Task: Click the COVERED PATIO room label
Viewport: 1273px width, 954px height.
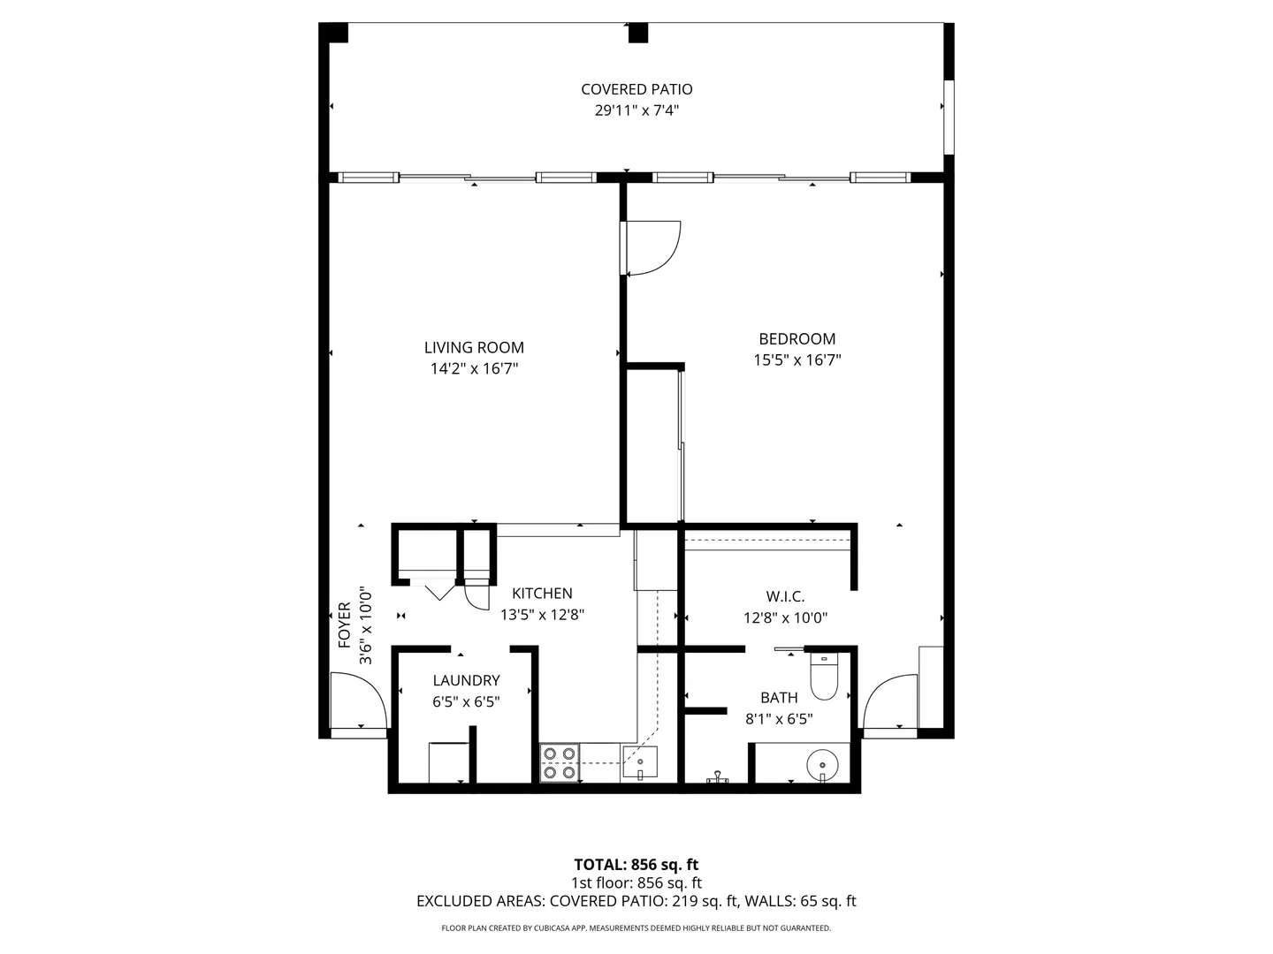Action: (x=636, y=89)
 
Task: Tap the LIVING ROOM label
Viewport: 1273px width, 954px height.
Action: (x=474, y=347)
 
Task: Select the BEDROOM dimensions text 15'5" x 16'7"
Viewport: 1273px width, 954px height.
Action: (x=797, y=360)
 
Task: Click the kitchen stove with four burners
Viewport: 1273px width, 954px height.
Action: (x=559, y=763)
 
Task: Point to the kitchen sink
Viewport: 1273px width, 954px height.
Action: (x=640, y=761)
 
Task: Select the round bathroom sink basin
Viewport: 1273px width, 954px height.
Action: (x=822, y=765)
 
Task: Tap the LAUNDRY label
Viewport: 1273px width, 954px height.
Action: (x=466, y=680)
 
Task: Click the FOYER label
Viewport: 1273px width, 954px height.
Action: (x=345, y=625)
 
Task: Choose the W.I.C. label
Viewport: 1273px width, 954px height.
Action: (x=785, y=596)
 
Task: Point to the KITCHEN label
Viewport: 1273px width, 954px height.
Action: (x=542, y=593)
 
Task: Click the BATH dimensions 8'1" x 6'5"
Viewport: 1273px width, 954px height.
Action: (x=778, y=719)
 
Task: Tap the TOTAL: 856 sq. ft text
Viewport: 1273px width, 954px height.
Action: (x=636, y=865)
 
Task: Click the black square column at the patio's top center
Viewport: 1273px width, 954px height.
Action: (x=638, y=33)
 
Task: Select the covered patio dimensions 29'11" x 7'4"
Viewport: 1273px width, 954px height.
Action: (x=636, y=110)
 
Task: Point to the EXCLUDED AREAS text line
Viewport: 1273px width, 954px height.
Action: (x=636, y=901)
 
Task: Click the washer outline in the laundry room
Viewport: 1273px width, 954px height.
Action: (x=448, y=763)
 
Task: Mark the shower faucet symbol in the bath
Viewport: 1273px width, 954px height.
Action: (x=717, y=776)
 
